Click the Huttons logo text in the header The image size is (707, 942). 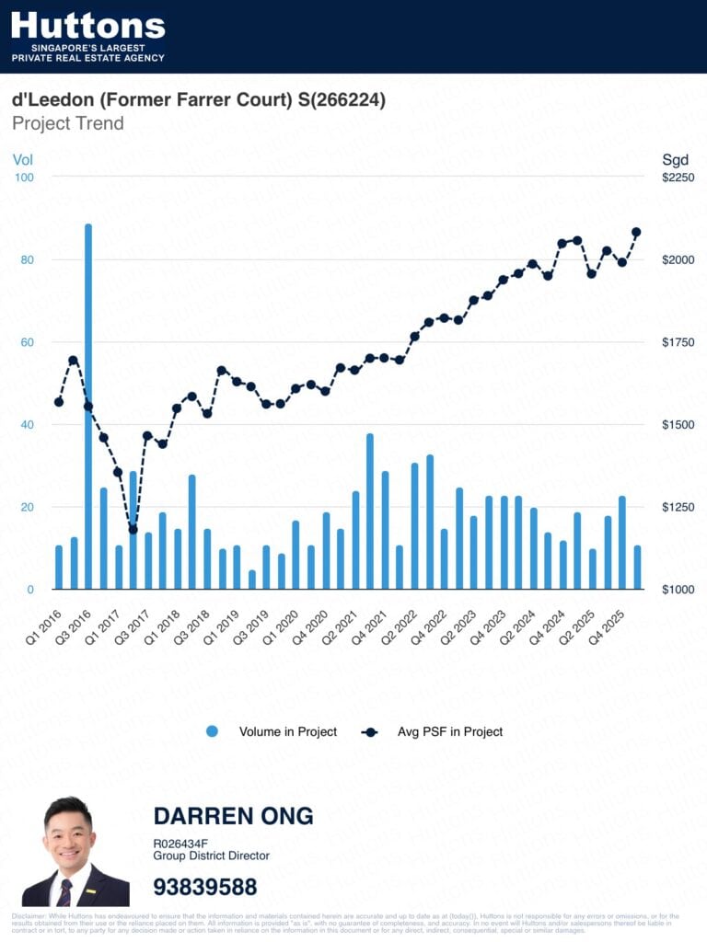[87, 25]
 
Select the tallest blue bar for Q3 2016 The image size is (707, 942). [88, 405]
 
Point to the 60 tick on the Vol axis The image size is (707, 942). [28, 342]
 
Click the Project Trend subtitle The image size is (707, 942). [68, 123]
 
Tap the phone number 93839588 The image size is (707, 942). [205, 887]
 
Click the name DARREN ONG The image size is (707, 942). [233, 816]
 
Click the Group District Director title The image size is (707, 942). [211, 856]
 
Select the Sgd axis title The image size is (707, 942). [675, 159]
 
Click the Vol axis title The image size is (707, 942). [22, 159]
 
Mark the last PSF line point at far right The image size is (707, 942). [636, 232]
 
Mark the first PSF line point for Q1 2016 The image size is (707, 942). [59, 402]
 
